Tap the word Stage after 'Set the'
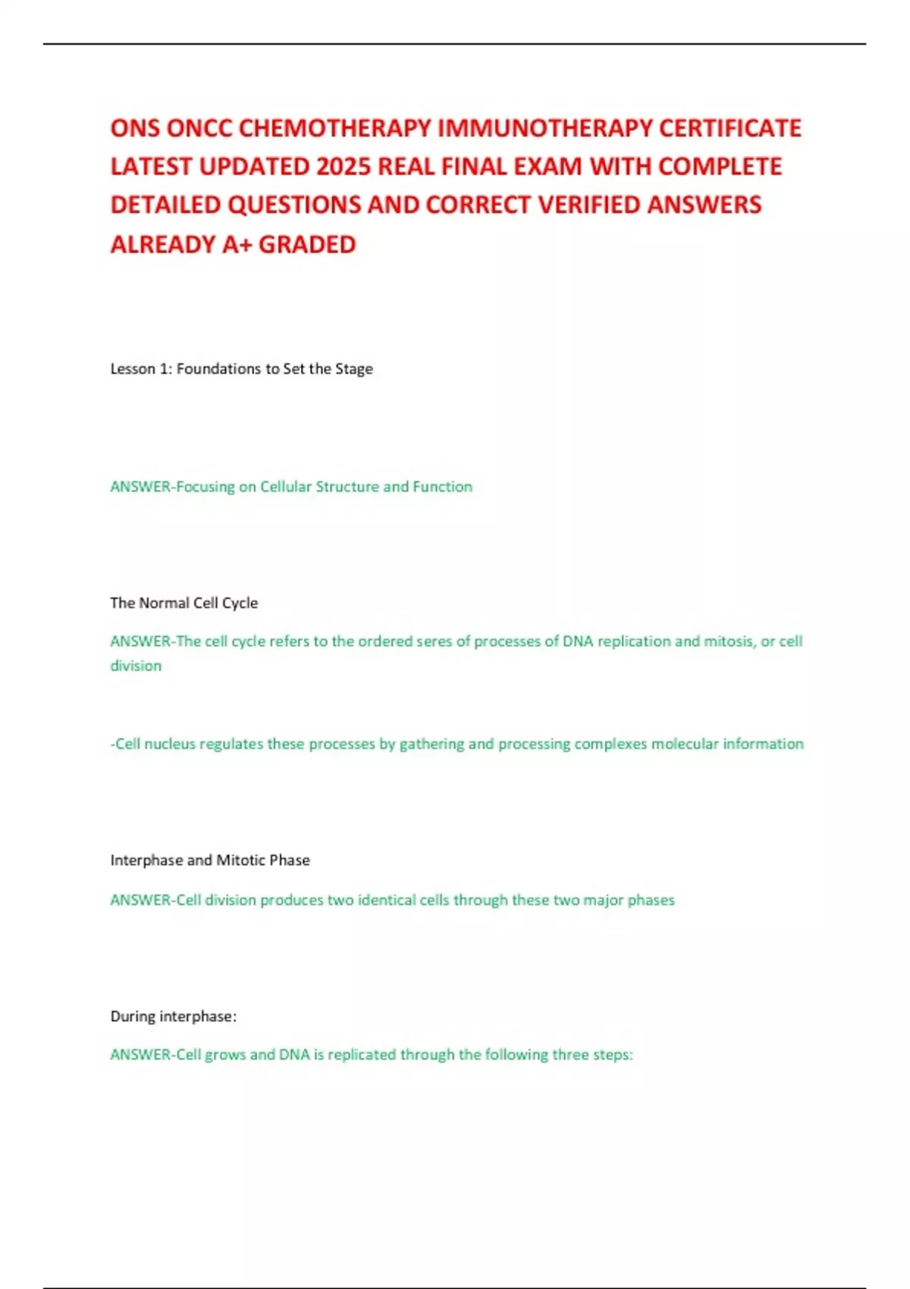[x=354, y=369]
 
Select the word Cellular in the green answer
[x=285, y=487]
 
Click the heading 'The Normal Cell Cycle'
[x=184, y=603]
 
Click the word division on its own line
[x=136, y=666]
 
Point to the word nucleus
[x=170, y=744]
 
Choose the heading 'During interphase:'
[x=174, y=1016]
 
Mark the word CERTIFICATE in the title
[x=730, y=128]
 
